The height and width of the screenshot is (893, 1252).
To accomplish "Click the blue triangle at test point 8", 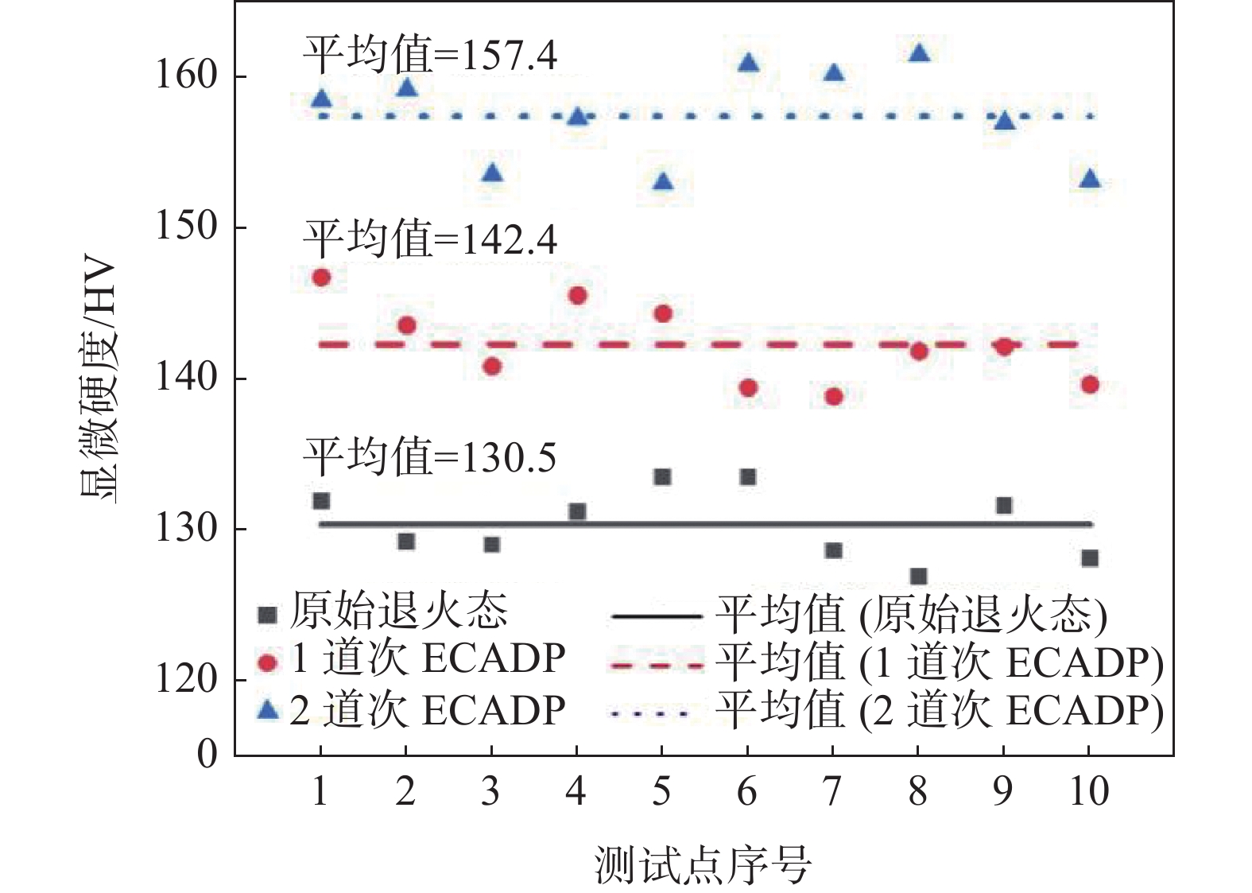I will point(919,53).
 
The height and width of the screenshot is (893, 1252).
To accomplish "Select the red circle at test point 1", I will point(321,278).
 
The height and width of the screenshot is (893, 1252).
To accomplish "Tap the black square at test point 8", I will point(918,577).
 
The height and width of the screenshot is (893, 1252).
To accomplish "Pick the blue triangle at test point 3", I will point(492,173).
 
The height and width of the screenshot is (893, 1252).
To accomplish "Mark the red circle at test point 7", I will point(833,396).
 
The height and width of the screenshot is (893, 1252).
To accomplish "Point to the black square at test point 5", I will point(662,477).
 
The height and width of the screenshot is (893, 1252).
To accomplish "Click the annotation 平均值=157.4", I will point(430,56).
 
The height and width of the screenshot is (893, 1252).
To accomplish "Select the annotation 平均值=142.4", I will point(430,239).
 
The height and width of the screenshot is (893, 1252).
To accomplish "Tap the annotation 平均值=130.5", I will point(430,457).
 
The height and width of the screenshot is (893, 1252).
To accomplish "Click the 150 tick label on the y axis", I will point(186,227).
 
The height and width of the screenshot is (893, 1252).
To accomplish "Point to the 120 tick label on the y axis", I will point(186,680).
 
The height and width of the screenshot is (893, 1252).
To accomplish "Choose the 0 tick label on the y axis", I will point(207,753).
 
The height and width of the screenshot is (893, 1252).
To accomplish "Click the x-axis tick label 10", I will point(1088,791).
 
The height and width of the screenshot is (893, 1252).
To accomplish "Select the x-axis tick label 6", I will point(747,791).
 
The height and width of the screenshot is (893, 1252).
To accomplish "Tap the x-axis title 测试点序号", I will point(703,865).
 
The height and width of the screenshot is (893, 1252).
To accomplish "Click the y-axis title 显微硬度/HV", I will point(99,382).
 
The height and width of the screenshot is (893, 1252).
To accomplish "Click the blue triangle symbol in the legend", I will point(269,709).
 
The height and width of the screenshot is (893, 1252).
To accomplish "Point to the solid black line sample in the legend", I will point(656,616).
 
